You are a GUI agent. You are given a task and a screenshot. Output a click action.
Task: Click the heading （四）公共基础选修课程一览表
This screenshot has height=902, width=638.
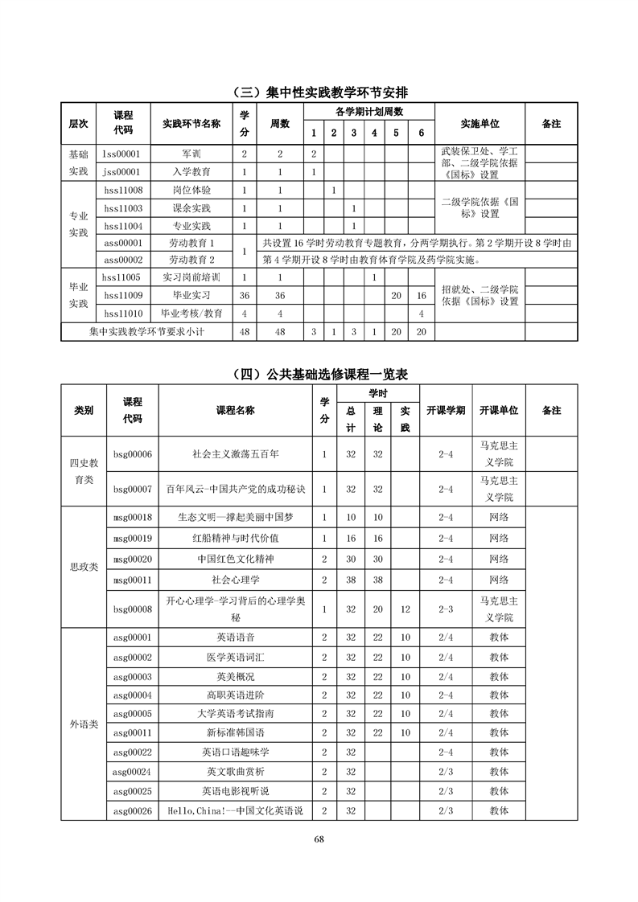pos(319,374)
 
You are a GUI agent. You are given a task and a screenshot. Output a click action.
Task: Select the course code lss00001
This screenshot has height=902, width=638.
pos(122,153)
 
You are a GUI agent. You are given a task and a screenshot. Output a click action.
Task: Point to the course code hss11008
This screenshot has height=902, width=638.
pos(123,190)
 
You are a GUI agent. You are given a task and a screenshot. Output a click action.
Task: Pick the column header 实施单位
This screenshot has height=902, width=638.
pos(480,123)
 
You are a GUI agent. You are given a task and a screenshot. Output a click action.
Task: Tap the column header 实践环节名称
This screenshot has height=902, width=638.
pos(191,123)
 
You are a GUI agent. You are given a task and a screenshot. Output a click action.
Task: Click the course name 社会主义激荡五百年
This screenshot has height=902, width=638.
pos(236,454)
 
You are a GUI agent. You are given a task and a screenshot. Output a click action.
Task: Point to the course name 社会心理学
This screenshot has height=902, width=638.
pos(236,579)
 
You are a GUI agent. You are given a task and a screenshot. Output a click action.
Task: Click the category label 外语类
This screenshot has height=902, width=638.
pos(84,724)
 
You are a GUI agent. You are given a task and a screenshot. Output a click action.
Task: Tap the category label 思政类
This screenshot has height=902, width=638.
pos(84,567)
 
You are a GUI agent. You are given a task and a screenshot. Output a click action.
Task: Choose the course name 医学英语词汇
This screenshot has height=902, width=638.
pos(236,657)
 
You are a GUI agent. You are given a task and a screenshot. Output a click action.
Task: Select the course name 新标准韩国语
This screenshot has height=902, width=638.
pos(236,732)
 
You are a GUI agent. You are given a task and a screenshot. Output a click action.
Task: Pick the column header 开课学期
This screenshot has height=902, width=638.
pos(446,410)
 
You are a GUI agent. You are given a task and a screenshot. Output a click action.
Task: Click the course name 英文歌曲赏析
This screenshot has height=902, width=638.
pos(236,771)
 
